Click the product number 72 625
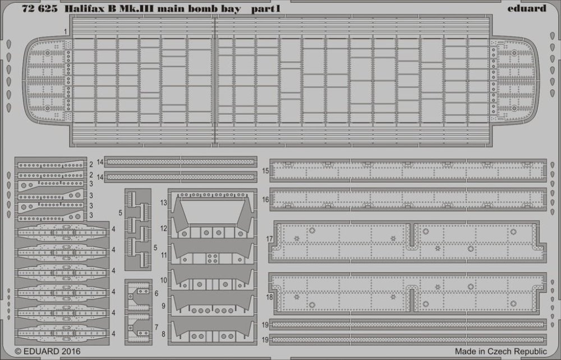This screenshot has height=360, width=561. (39, 8)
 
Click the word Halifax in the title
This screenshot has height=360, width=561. (85, 8)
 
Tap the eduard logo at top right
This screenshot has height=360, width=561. (527, 8)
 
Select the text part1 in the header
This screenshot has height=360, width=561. (266, 8)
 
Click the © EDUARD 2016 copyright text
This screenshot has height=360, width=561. (48, 352)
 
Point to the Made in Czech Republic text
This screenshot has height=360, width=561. (500, 351)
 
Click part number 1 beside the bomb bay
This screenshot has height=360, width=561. (66, 32)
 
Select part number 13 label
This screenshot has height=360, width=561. (163, 203)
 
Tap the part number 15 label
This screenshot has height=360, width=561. (265, 171)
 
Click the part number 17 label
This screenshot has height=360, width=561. (269, 239)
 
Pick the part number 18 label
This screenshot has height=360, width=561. (269, 297)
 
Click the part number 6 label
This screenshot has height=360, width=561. (157, 293)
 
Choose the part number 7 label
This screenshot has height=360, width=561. (157, 327)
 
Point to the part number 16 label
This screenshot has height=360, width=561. (265, 200)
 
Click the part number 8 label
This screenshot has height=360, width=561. (163, 334)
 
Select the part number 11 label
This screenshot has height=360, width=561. (163, 255)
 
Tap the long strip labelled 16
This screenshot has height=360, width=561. (408, 199)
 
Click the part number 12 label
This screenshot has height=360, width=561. (163, 228)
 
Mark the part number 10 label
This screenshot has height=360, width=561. (163, 280)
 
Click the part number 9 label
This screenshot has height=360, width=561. (163, 306)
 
